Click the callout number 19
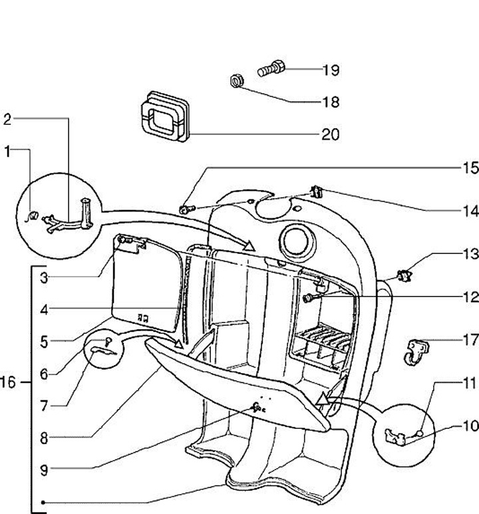tap(331, 70)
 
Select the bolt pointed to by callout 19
tap(271, 68)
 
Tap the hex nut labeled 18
tap(235, 81)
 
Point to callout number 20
tap(331, 135)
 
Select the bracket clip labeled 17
tap(416, 348)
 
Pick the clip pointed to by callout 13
tap(404, 273)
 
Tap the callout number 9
tap(44, 470)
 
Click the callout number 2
tap(7, 120)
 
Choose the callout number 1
tap(7, 152)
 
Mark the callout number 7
tap(44, 404)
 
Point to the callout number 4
tap(44, 309)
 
